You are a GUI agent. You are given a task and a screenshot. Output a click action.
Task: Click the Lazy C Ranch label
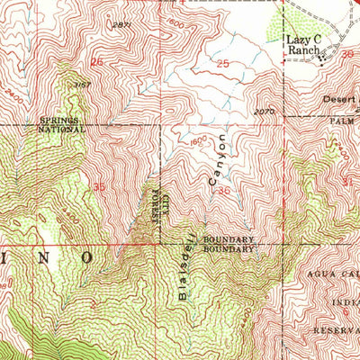(x=304, y=47)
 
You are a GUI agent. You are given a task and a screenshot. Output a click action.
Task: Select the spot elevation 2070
(x=263, y=112)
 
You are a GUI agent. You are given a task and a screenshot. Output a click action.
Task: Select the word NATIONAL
(x=61, y=130)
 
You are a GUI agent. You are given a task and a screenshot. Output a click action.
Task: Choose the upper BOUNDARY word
(x=229, y=239)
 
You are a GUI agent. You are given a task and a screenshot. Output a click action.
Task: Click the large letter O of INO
(x=87, y=256)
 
